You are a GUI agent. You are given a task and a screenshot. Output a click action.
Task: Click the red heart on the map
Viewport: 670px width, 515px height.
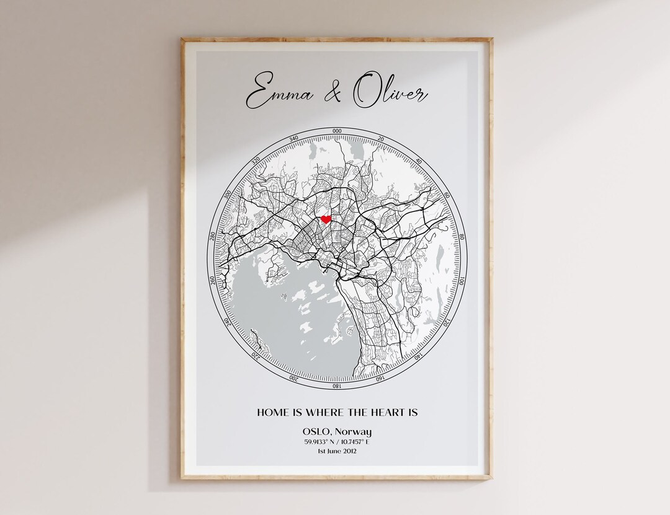[x=326, y=219]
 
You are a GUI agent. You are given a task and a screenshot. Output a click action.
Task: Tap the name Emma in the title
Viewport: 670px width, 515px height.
[x=279, y=95]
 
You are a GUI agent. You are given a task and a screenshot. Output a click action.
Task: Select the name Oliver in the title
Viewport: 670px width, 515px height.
[x=390, y=94]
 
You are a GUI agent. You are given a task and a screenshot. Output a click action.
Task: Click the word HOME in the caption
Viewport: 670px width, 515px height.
[x=273, y=412]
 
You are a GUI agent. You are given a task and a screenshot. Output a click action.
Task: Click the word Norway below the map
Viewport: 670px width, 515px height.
[x=355, y=431]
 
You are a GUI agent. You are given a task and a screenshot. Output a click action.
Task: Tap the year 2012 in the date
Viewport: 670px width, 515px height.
[x=348, y=451]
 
